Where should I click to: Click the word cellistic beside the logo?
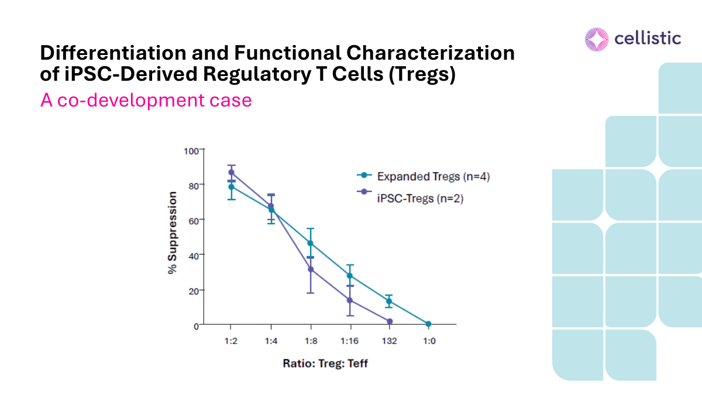click(x=648, y=39)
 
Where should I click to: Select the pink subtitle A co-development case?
click(x=146, y=100)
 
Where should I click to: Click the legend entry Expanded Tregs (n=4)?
click(x=433, y=176)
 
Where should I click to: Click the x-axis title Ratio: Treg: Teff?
click(x=325, y=363)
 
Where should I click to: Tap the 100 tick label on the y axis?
click(x=191, y=150)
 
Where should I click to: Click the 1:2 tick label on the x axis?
click(x=231, y=341)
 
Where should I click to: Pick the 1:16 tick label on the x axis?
click(x=350, y=341)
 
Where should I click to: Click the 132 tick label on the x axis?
click(x=389, y=341)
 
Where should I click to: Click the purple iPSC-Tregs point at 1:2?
click(x=231, y=172)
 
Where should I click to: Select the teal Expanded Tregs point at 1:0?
click(x=428, y=324)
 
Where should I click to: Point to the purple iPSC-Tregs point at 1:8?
click(x=311, y=269)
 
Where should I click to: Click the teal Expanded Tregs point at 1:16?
click(x=350, y=276)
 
